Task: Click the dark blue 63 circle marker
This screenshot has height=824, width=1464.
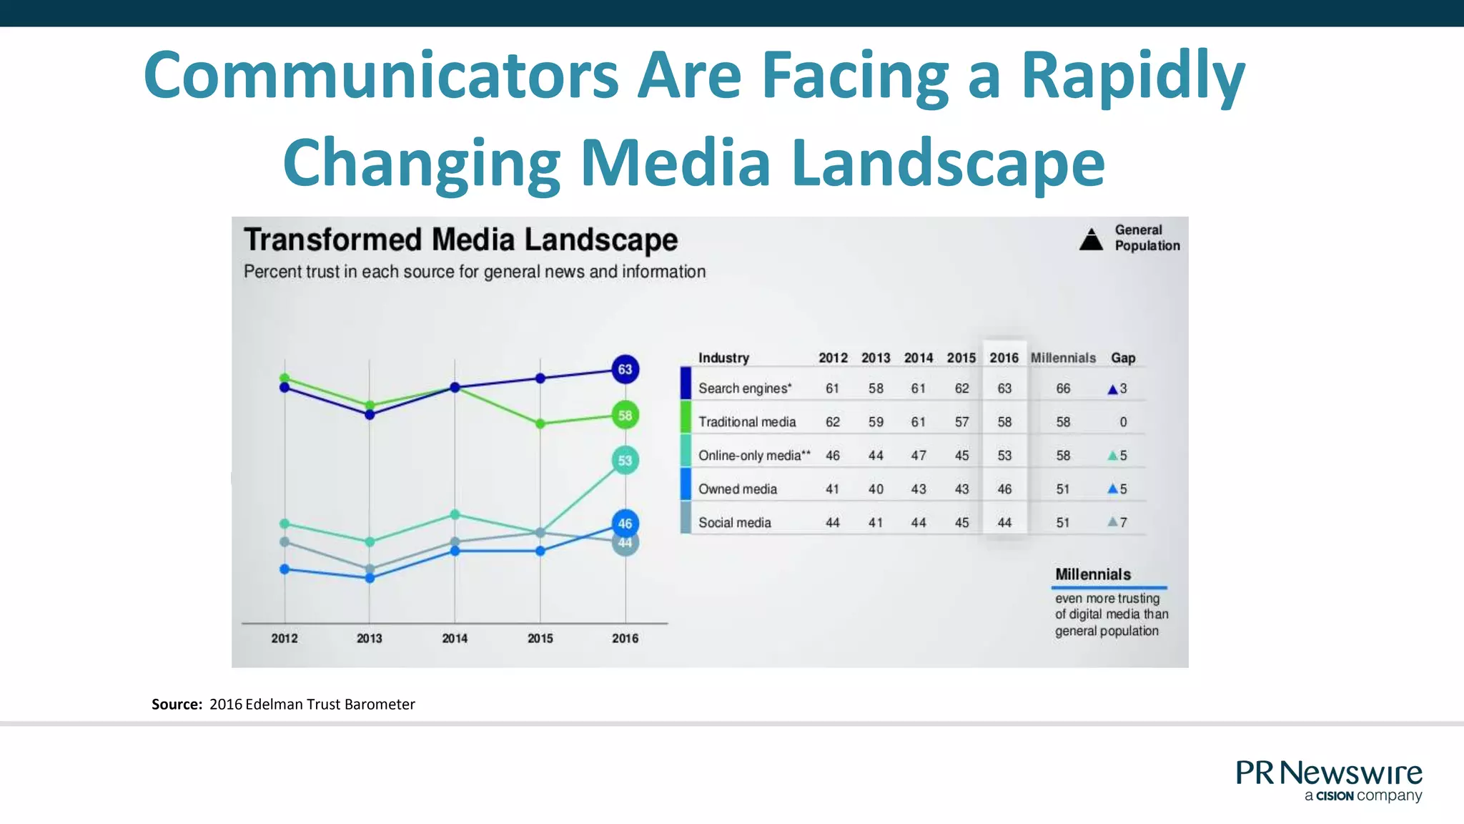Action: [625, 369]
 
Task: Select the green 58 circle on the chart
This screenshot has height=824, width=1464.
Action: [625, 415]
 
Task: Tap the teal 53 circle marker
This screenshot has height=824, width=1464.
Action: [625, 460]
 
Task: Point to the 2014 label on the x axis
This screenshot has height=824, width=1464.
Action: [455, 638]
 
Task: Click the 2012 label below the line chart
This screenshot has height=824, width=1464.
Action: [284, 638]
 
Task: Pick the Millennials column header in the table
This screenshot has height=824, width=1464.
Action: [1063, 358]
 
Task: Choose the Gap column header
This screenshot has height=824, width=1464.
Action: [1123, 358]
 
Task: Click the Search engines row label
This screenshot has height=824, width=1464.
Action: [745, 388]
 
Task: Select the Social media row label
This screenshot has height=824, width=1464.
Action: [734, 523]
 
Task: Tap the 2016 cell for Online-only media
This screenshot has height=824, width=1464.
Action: [1004, 456]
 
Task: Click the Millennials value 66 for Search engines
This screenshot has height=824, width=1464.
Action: [1063, 388]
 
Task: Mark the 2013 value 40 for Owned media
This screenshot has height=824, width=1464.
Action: [876, 489]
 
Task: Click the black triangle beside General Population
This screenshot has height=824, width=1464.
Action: [1091, 240]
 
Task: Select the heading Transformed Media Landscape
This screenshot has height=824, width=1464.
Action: [460, 240]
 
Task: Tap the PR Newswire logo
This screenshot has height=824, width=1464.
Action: [1329, 780]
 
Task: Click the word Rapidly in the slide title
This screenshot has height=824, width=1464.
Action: [1133, 75]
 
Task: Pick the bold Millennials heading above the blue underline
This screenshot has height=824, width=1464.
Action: [1093, 574]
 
